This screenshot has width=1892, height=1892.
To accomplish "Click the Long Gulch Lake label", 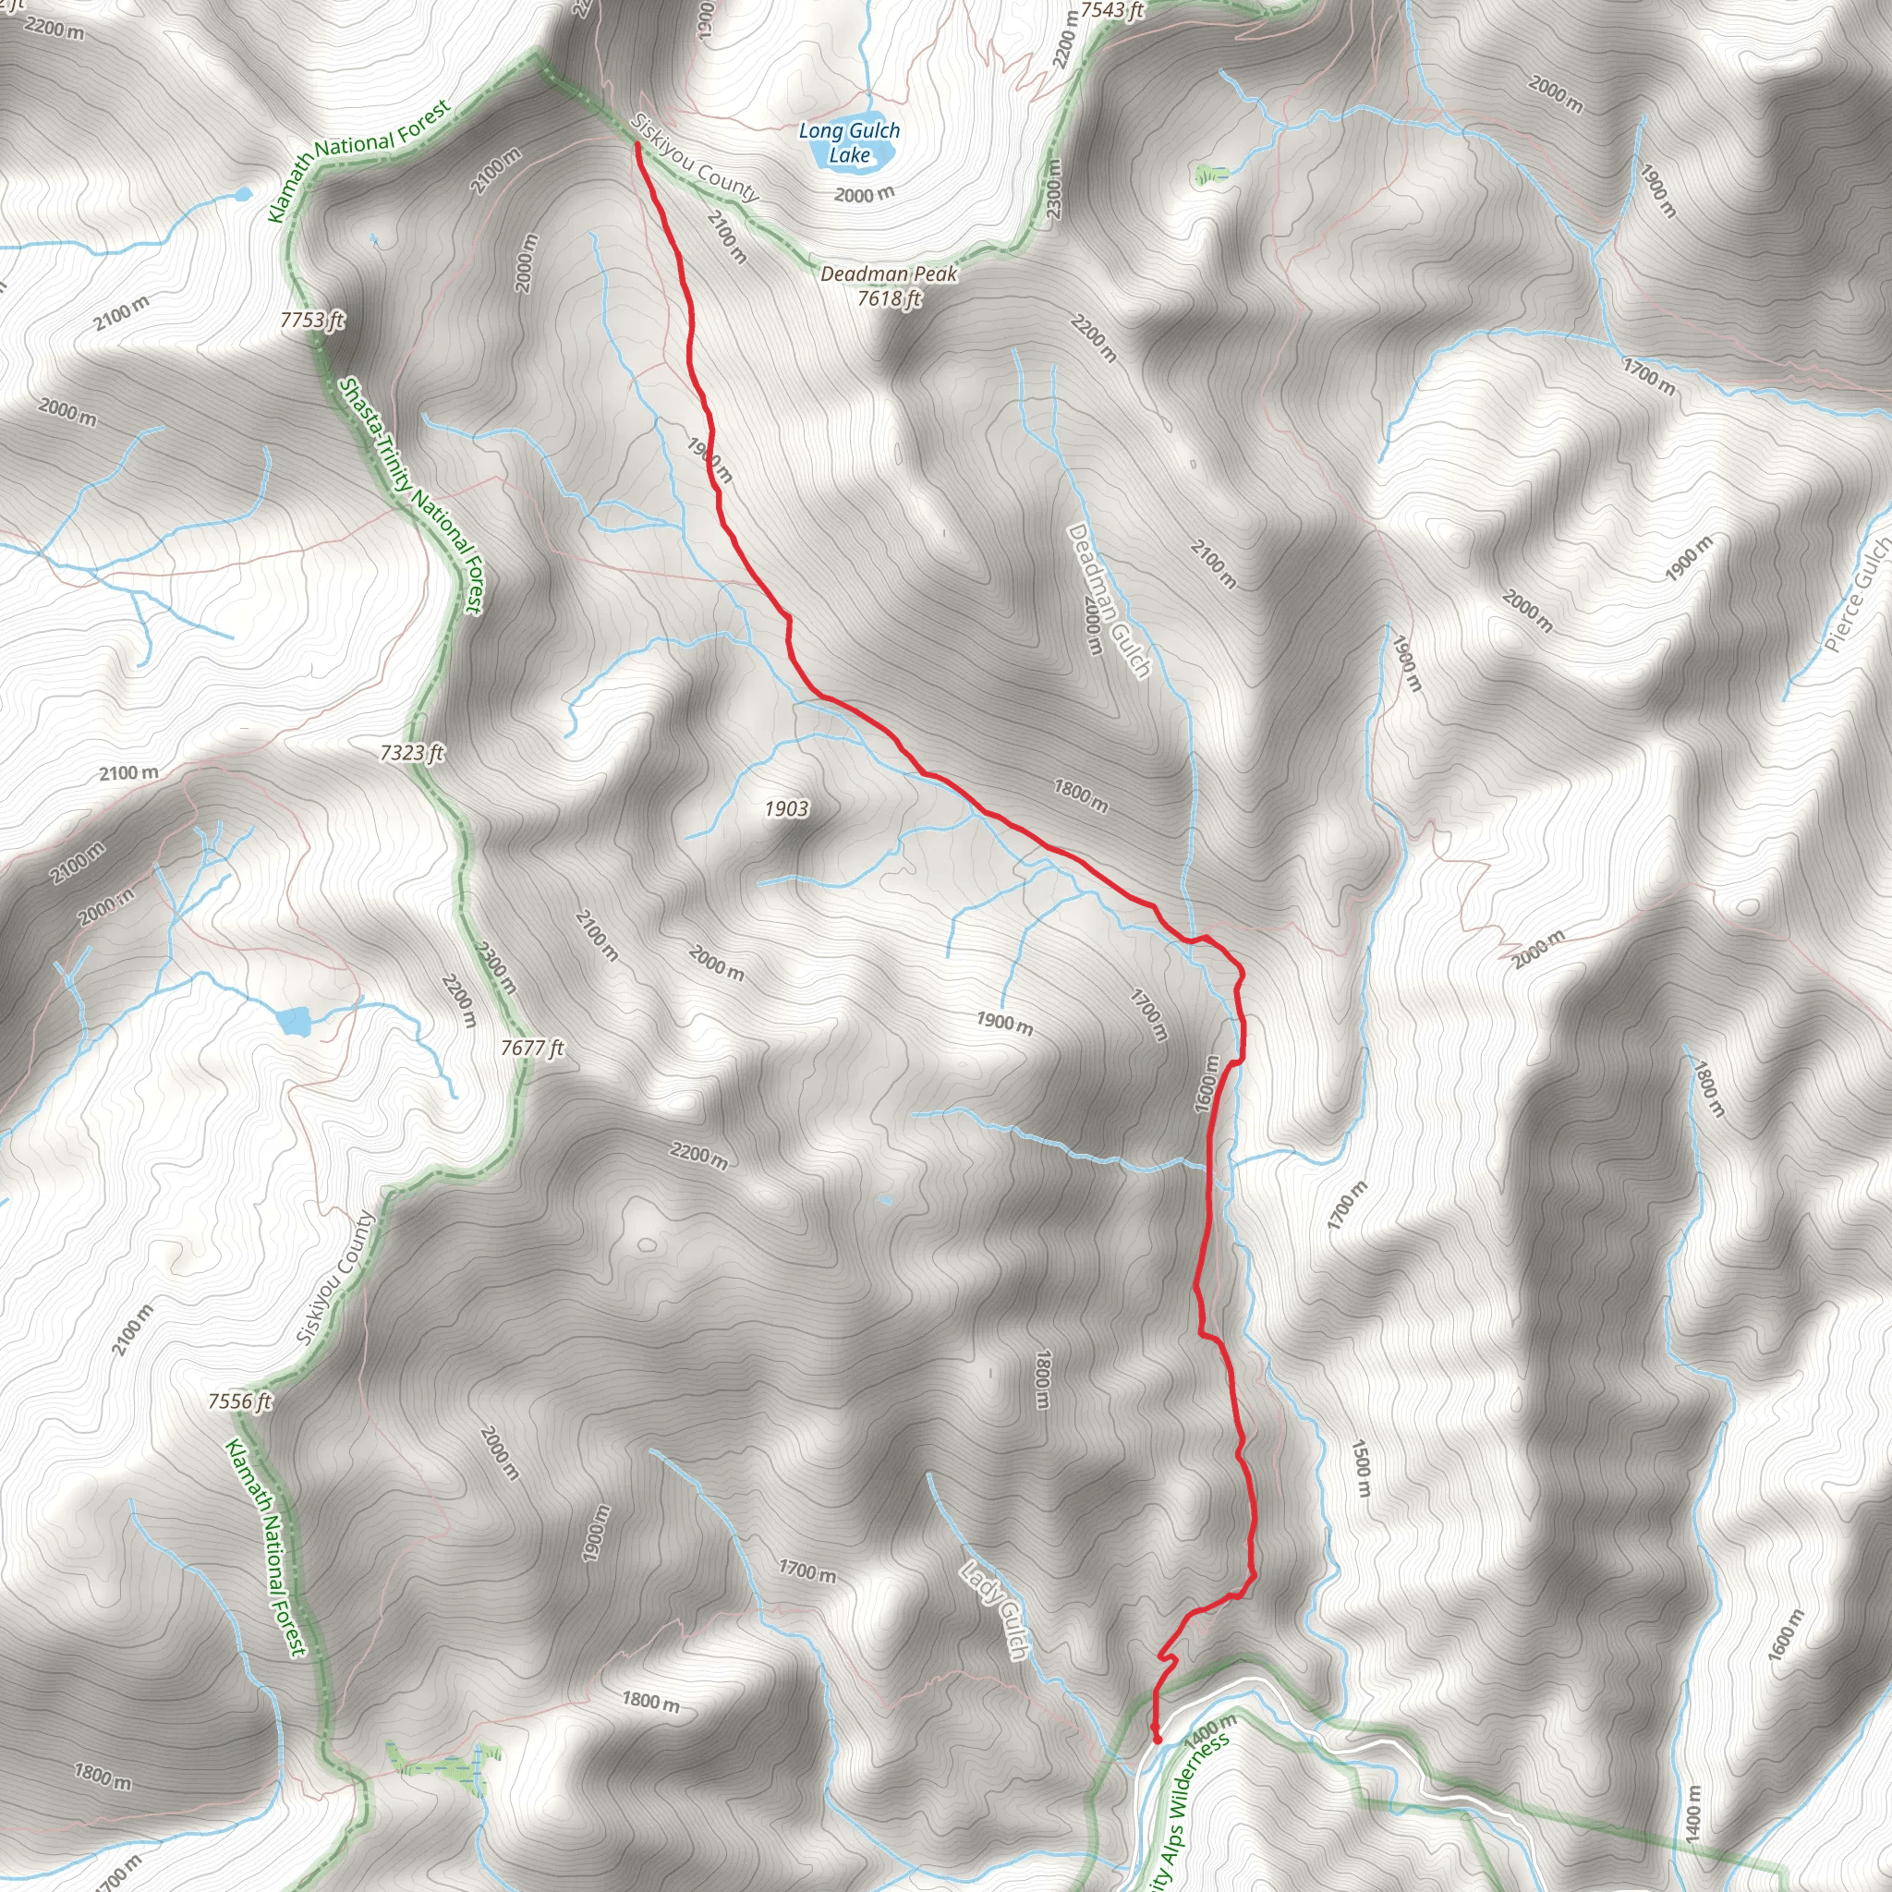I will coord(849,142).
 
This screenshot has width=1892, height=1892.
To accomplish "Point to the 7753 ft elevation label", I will coord(312,321).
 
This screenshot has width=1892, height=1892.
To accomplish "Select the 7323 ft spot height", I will coord(412,752).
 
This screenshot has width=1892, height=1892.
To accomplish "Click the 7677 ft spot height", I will coord(533,1048).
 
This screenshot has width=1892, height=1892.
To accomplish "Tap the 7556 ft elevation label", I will coord(240,1401).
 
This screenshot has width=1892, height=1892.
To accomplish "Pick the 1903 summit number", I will coord(786,808).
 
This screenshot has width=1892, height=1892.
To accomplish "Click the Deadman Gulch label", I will coord(1109,600).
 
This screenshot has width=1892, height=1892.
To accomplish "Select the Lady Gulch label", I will coord(995,1611).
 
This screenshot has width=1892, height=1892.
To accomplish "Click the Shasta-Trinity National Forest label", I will coord(411,495).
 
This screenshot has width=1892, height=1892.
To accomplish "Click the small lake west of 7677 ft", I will coord(294,1022).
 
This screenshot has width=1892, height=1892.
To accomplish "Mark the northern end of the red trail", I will coord(637,145).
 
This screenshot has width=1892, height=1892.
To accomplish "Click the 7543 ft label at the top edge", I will coord(1111,11).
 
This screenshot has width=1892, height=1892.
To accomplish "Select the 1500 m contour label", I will coord(1360,1468).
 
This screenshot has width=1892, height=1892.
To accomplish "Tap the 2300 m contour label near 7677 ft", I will coord(496,964).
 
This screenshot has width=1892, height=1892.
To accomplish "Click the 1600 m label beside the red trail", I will coord(1207,1084).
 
